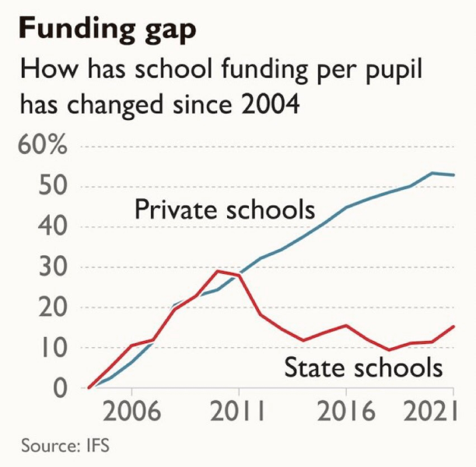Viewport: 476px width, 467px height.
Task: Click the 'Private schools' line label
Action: click(225, 210)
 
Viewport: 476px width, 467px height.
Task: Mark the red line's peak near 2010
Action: click(218, 271)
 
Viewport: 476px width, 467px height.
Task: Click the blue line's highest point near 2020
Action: click(432, 173)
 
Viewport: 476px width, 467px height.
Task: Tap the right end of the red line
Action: click(454, 326)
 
